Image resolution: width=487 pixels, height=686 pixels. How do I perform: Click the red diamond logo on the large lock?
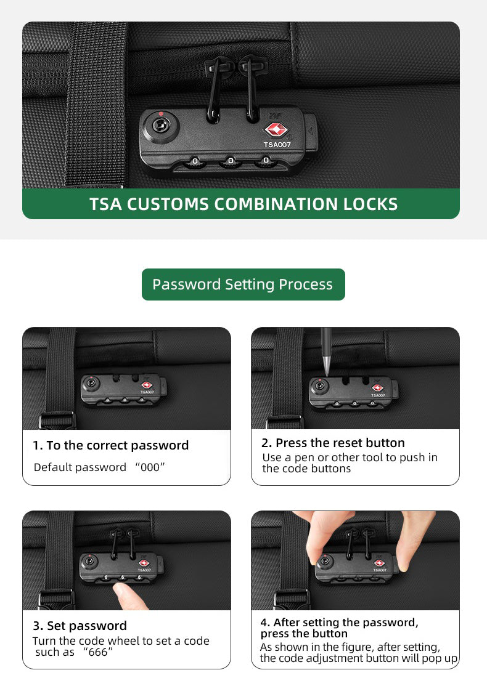pos(276,130)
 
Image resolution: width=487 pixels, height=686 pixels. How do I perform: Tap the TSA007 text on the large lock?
pos(277,144)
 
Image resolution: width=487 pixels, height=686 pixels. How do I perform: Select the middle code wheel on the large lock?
pos(231,162)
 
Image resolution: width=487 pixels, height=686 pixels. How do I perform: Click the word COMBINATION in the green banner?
pos(276,204)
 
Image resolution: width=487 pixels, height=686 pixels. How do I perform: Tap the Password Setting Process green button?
pos(243,284)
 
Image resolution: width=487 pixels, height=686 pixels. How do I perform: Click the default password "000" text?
pos(150,467)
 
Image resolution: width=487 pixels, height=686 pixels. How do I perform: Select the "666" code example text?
pos(97,652)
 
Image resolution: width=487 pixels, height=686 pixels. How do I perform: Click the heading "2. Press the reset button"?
pos(333,443)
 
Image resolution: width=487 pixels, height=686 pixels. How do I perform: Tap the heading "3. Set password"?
pos(80,626)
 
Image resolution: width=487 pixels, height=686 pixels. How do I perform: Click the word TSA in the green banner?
pos(105,204)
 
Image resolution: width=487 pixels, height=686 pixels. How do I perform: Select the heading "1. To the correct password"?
pos(111,445)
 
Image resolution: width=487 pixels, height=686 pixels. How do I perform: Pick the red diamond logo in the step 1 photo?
pos(146,385)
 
